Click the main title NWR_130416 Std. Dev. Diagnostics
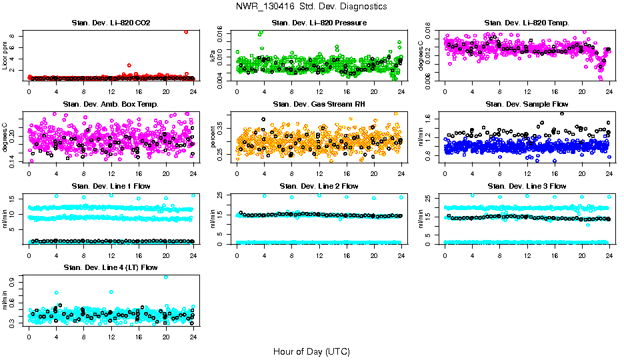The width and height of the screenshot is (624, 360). click(x=311, y=7)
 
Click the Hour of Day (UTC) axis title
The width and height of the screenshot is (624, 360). click(x=311, y=351)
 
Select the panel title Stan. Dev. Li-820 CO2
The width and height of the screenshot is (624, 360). click(x=111, y=23)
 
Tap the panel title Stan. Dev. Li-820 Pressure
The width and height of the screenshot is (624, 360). click(x=319, y=23)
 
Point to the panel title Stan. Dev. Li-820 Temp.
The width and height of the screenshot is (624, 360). click(x=527, y=23)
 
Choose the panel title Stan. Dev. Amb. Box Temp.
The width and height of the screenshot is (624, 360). click(x=111, y=105)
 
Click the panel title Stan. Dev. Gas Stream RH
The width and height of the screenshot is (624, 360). click(x=319, y=105)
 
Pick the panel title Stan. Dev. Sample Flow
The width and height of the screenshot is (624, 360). click(x=527, y=105)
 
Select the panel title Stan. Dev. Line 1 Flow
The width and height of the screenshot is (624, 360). click(x=111, y=186)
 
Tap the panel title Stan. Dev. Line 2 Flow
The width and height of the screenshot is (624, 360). click(x=319, y=186)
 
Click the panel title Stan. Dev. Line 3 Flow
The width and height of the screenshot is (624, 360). click(x=527, y=186)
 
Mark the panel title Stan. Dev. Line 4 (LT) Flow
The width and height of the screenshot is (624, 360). click(x=111, y=267)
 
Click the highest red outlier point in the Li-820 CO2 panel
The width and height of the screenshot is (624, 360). click(x=186, y=32)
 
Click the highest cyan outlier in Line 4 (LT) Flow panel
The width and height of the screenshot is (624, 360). click(x=166, y=277)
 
